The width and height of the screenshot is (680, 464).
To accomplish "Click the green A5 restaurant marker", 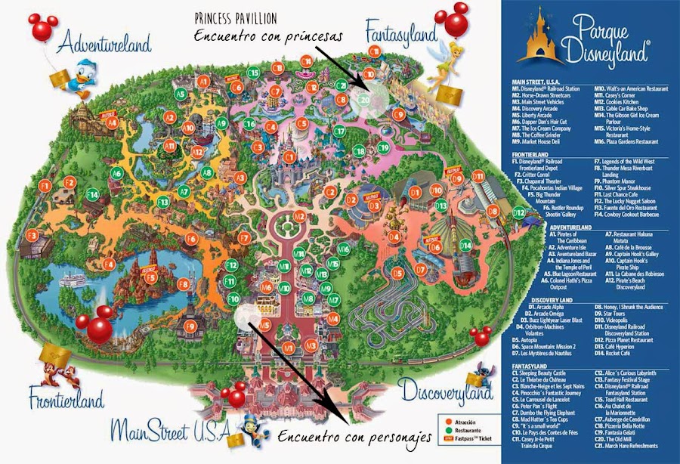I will click(180, 94).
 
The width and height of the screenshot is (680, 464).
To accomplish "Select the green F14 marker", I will click(92, 194).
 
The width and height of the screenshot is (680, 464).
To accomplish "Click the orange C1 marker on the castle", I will click(288, 156).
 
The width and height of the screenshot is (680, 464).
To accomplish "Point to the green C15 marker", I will click(254, 73).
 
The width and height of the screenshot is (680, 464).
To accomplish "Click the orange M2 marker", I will click(299, 217).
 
